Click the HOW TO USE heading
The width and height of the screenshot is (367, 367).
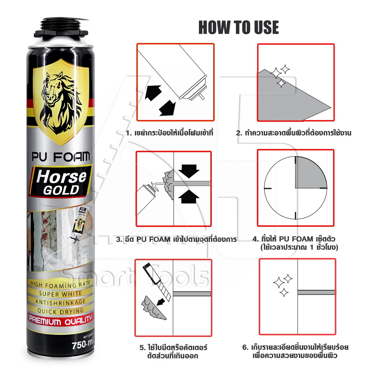239,28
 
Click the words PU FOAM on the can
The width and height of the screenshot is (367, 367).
61,157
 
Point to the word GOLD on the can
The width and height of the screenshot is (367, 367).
61,190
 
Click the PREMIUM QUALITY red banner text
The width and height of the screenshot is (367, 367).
61,320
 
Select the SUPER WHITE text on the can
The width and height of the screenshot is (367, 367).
61,294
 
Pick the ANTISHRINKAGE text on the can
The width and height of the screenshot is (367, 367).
61,302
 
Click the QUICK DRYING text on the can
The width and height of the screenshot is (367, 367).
61,311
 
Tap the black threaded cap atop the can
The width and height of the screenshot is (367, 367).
61,28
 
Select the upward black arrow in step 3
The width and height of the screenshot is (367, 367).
189,196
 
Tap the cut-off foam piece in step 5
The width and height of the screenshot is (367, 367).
153,309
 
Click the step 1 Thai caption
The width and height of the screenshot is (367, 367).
170,133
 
